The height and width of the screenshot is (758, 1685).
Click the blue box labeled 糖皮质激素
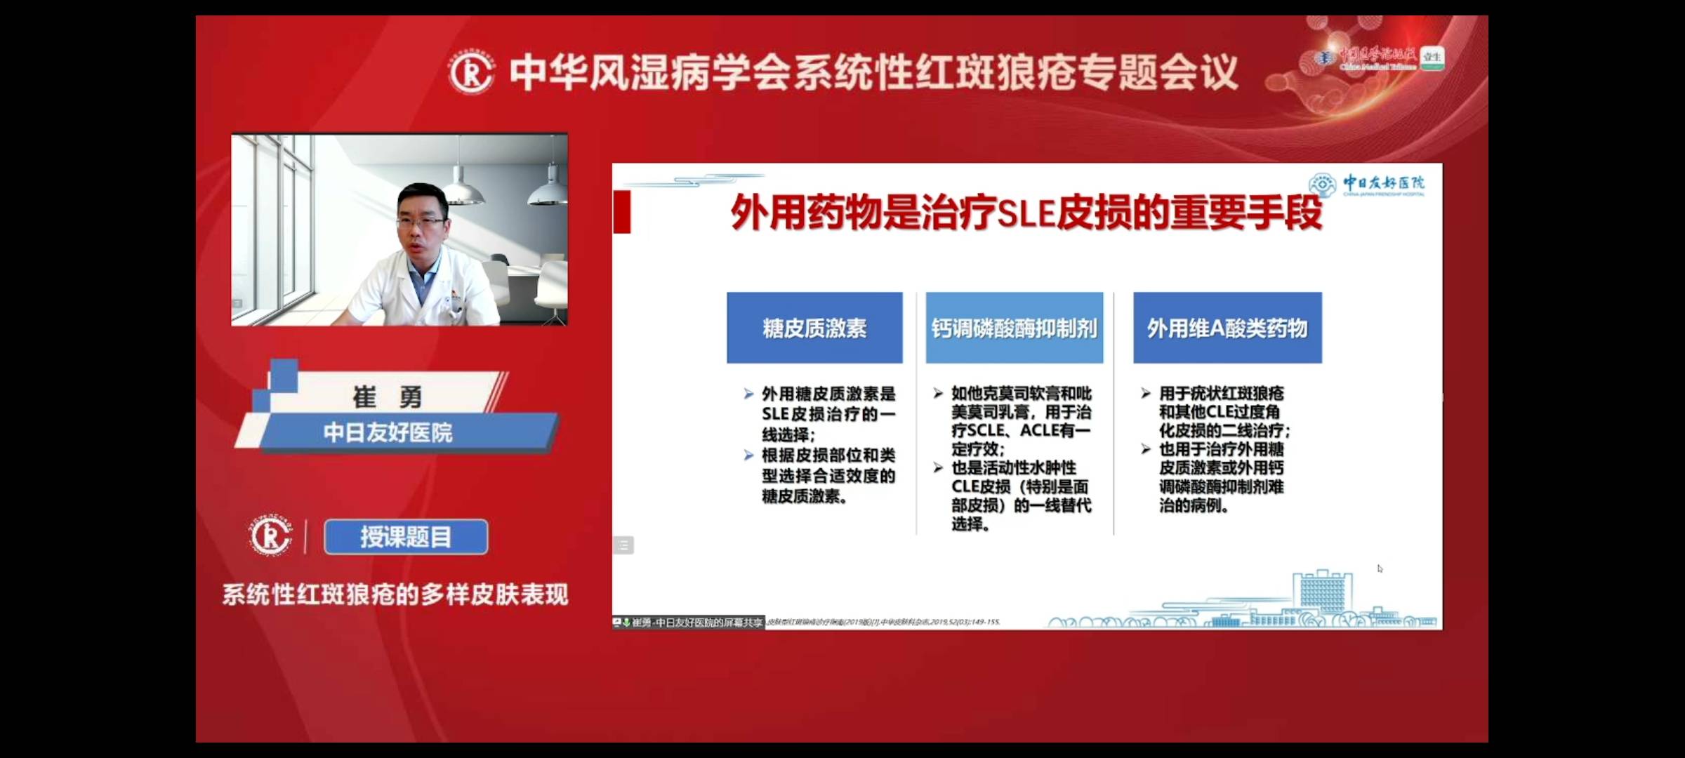[814, 328]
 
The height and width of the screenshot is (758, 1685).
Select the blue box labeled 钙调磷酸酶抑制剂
[1014, 328]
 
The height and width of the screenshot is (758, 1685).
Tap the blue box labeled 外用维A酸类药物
[1227, 328]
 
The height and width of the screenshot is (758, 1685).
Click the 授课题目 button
[406, 537]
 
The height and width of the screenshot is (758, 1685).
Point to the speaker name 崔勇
[387, 397]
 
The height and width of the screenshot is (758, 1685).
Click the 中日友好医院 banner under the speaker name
[388, 432]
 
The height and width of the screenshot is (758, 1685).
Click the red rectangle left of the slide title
[622, 211]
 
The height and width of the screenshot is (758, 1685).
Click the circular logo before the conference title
[471, 73]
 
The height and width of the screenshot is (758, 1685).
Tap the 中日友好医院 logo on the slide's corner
[1366, 185]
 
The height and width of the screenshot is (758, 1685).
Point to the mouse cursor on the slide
[1380, 568]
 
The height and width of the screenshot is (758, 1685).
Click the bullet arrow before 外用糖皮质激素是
[748, 394]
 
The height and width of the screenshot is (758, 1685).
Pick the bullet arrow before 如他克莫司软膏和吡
[938, 394]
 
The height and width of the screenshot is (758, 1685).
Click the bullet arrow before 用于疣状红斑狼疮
[1146, 394]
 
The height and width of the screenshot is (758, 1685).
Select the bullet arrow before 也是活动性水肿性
[938, 468]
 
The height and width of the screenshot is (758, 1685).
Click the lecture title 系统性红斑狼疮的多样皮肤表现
[395, 594]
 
